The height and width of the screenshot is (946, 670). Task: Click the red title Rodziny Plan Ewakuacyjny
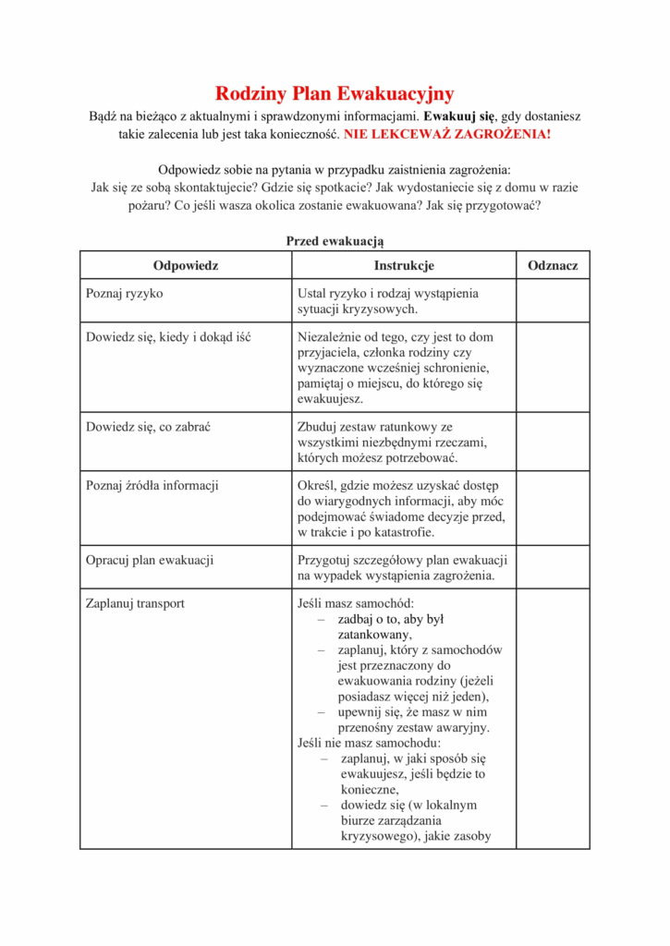click(335, 93)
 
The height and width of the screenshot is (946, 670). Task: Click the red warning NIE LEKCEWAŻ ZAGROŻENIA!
click(447, 135)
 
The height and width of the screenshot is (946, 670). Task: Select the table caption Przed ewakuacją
click(335, 240)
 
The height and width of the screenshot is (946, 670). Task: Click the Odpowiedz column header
click(186, 265)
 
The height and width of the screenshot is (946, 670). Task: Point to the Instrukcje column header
click(404, 265)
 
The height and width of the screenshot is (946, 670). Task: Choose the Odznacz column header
click(553, 265)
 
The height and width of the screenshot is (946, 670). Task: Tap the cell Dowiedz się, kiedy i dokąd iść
click(168, 337)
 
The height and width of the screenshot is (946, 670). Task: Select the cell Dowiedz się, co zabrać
click(150, 427)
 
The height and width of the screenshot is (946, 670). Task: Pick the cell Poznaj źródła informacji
click(152, 486)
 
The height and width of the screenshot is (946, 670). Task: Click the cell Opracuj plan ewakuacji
click(150, 560)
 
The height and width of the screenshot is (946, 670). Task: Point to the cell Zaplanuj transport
click(135, 603)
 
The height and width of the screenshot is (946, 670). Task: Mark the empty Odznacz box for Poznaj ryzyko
click(553, 301)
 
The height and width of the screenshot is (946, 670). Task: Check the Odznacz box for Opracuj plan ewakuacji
click(553, 567)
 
